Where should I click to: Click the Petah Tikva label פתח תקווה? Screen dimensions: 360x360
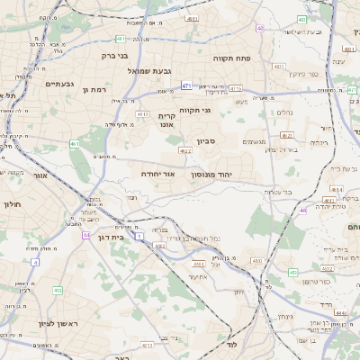(231, 58)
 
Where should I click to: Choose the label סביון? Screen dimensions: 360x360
(207, 140)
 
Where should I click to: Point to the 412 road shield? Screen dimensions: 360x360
(57, 291)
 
